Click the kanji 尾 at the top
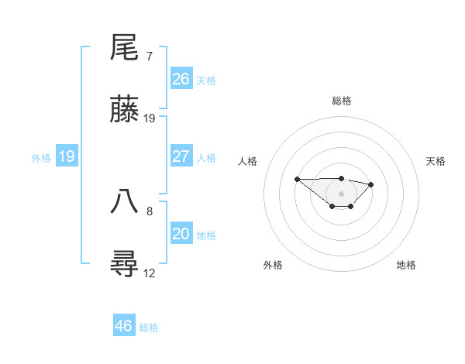(125, 48)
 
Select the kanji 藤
(125, 110)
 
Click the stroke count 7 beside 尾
(149, 57)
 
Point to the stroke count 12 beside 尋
(150, 273)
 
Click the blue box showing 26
(181, 79)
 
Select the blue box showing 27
(181, 156)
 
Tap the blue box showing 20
(181, 234)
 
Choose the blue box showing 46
(124, 326)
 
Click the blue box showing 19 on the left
(67, 156)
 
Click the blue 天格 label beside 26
(206, 81)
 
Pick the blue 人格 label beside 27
(206, 158)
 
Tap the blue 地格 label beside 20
(206, 235)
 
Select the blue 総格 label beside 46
(149, 328)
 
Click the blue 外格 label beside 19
(41, 158)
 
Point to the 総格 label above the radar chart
(342, 101)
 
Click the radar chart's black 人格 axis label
(248, 161)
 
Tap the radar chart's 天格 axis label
(436, 161)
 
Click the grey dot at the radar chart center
(341, 193)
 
